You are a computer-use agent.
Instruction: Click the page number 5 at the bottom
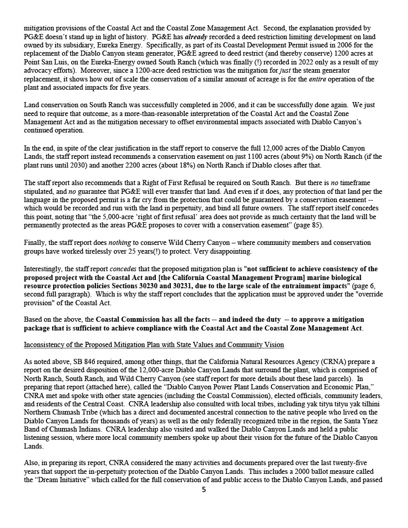pyautogui.click(x=204, y=489)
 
